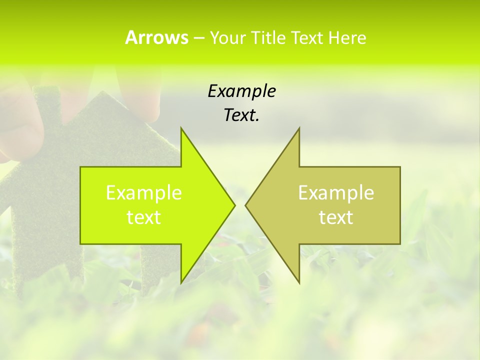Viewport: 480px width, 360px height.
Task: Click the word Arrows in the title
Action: [x=156, y=37]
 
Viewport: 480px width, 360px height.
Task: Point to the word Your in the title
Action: [x=226, y=37]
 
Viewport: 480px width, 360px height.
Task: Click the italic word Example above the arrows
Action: [x=241, y=91]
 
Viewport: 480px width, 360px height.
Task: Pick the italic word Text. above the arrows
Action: [x=241, y=115]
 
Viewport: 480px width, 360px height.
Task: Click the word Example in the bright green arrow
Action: [x=144, y=192]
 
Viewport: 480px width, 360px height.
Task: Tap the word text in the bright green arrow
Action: [x=144, y=217]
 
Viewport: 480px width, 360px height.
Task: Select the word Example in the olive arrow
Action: [x=336, y=192]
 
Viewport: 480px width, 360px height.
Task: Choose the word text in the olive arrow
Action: [x=336, y=217]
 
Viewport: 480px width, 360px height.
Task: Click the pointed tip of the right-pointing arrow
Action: [x=234, y=205]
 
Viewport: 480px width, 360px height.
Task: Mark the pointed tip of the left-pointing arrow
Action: [x=246, y=205]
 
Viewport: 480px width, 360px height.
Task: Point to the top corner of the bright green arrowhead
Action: [x=181, y=128]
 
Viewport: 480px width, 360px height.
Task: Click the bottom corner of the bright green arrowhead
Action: [x=181, y=282]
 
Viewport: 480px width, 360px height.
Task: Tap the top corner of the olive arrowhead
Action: [x=299, y=128]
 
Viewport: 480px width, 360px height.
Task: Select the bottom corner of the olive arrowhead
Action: [x=299, y=282]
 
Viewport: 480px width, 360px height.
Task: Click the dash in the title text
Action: [x=198, y=38]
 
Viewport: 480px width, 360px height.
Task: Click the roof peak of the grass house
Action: [x=102, y=92]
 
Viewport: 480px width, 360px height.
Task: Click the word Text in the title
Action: [x=307, y=37]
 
